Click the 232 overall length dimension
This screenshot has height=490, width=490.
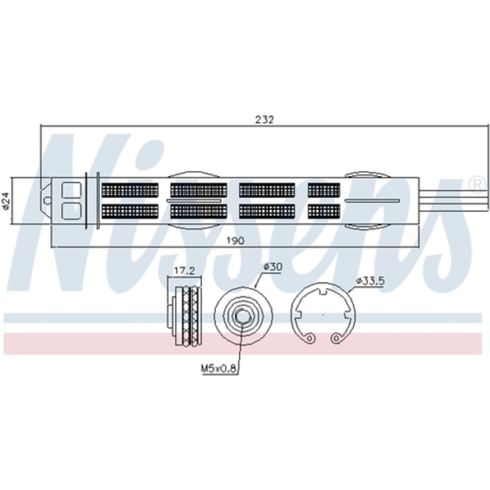point(265,120)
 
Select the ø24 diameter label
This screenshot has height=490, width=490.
point(6,200)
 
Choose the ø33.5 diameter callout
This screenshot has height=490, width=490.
point(369,281)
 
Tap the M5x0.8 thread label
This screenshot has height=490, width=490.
point(218,369)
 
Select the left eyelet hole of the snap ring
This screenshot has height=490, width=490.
point(310,338)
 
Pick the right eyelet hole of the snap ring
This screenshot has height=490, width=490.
point(336,338)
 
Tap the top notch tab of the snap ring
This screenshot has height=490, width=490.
point(323,291)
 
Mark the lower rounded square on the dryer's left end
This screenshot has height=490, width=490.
point(72,211)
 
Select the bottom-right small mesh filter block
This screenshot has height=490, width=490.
point(324,211)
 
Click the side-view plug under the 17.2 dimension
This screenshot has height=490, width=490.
point(184,316)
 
